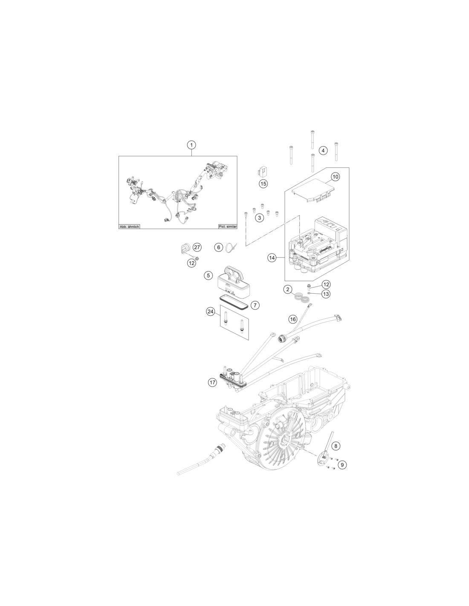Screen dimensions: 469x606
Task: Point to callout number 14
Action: (x=272, y=258)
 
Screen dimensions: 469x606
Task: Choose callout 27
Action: (x=197, y=247)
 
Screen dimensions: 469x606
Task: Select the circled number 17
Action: (x=212, y=382)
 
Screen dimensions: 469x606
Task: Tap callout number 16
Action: (x=292, y=319)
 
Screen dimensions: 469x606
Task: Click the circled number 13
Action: (x=326, y=294)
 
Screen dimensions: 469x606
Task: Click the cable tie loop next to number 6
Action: (x=230, y=248)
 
